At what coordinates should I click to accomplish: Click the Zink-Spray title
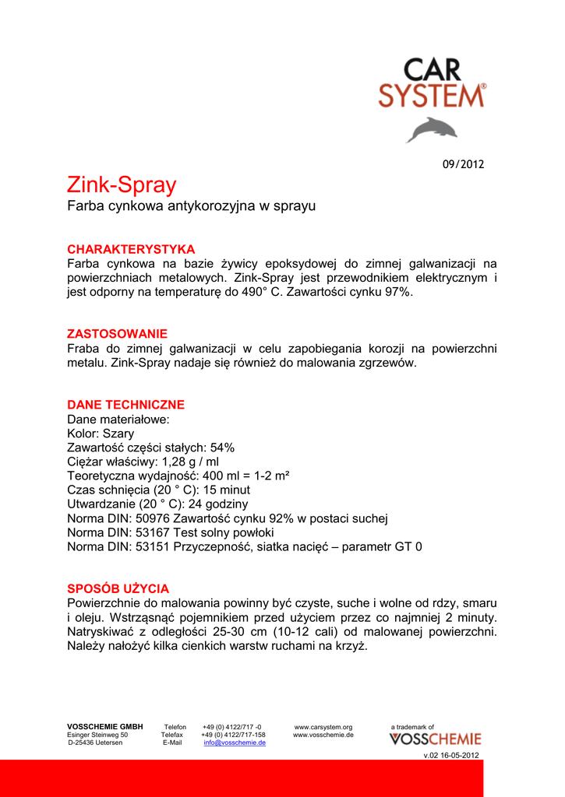[x=122, y=185]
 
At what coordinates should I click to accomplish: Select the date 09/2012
[x=463, y=164]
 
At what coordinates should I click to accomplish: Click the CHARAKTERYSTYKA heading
[x=131, y=249]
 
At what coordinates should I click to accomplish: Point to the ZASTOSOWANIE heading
[x=117, y=333]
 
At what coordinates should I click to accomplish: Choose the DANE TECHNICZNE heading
[x=125, y=405]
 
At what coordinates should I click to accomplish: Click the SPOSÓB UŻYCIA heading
[x=118, y=588]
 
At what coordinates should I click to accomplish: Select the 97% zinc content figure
[x=394, y=292]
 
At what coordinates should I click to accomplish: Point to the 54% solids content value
[x=222, y=448]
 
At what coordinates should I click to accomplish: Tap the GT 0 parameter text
[x=407, y=546]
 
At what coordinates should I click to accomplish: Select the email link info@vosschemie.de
[x=235, y=743]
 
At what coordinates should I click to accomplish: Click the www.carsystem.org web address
[x=323, y=727]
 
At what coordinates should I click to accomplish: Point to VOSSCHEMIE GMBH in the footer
[x=104, y=727]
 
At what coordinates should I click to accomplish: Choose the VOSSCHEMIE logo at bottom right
[x=435, y=739]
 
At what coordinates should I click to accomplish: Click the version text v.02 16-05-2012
[x=452, y=756]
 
